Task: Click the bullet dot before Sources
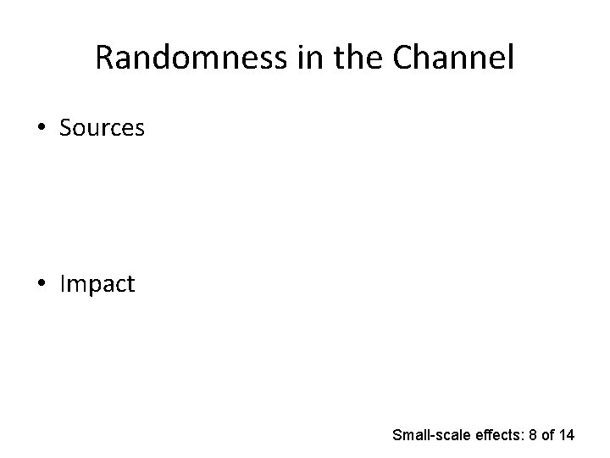(42, 128)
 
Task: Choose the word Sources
(103, 128)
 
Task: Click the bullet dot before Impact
(42, 284)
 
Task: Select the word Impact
(97, 284)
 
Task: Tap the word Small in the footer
(410, 435)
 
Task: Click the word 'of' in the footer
(546, 435)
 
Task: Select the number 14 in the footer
(567, 435)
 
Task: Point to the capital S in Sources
(66, 128)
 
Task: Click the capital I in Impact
(63, 284)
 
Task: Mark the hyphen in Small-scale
(430, 436)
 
